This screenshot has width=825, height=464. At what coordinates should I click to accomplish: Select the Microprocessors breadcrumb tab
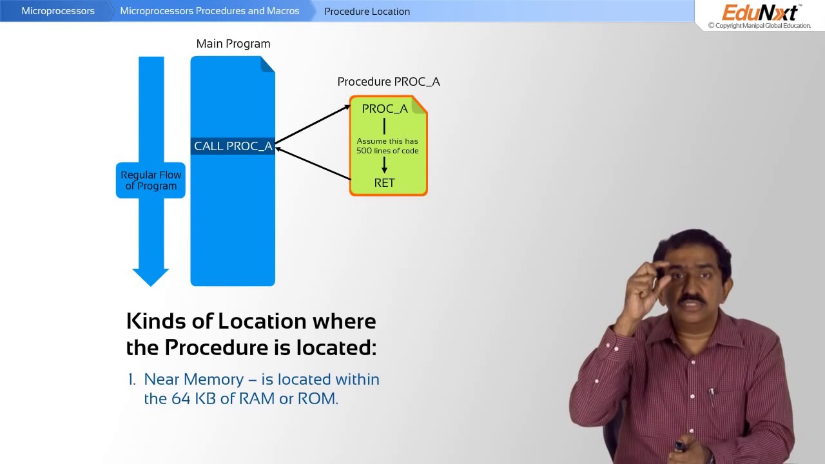58,11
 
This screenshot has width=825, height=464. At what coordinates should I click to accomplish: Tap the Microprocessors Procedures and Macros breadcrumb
209,11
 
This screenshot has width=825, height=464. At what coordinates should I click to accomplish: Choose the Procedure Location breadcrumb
367,11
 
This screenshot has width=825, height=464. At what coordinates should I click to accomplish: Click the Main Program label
233,44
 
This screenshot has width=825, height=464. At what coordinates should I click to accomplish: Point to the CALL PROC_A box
233,146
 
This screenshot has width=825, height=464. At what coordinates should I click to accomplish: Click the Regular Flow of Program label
151,180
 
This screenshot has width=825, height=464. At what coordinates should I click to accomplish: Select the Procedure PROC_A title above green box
389,82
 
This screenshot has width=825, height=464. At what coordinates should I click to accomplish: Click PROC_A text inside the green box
385,109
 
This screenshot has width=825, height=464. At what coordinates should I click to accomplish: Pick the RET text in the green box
384,183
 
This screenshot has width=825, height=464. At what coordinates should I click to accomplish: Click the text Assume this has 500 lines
387,146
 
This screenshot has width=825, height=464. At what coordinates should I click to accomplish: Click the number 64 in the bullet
180,399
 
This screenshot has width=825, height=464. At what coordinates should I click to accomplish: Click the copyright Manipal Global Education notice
759,26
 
